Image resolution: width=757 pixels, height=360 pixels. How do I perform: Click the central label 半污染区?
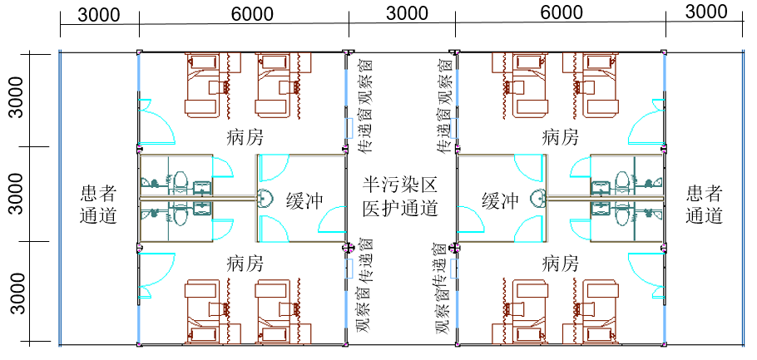pyautogui.click(x=401, y=185)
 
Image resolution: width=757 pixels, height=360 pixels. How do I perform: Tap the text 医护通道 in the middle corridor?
pyautogui.click(x=401, y=208)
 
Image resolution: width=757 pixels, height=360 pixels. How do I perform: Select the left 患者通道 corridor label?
pyautogui.click(x=98, y=205)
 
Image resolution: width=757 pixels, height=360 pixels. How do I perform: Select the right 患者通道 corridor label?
pyautogui.click(x=705, y=205)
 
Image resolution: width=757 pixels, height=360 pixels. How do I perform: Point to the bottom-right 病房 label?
pyautogui.click(x=561, y=264)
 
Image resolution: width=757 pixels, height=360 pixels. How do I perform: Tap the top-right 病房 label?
pyautogui.click(x=561, y=136)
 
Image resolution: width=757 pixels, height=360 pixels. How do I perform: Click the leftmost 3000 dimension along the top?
pyautogui.click(x=98, y=14)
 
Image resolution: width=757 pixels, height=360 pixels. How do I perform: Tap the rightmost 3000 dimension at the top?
pyautogui.click(x=706, y=12)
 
